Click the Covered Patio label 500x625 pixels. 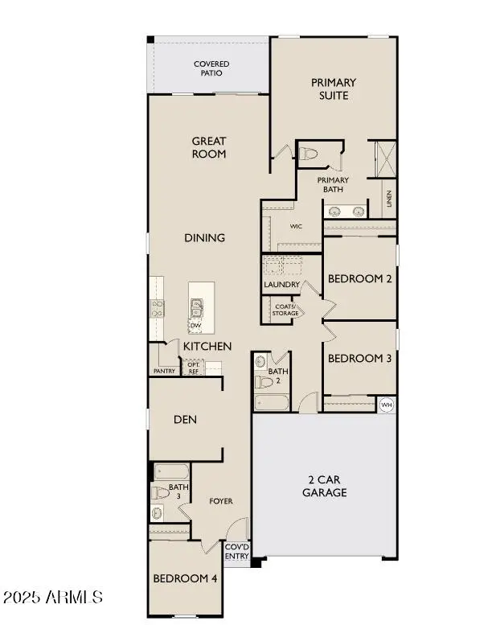211,68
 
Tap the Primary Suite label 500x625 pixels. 334,89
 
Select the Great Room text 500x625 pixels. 209,147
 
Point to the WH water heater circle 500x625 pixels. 387,405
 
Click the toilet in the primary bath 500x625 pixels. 308,154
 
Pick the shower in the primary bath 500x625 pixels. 386,159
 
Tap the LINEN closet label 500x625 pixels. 389,199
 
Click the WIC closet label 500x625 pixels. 296,226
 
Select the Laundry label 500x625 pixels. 281,285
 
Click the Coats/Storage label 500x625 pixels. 285,310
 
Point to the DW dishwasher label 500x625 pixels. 195,326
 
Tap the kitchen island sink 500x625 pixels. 196,308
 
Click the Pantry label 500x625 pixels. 164,371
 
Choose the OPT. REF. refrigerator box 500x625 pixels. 193,367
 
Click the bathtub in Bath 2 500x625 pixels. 272,402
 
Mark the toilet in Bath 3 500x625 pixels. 160,492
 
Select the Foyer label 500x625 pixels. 221,501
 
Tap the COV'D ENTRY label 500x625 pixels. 236,551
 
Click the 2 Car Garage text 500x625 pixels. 324,486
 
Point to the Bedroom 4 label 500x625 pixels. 185,578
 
